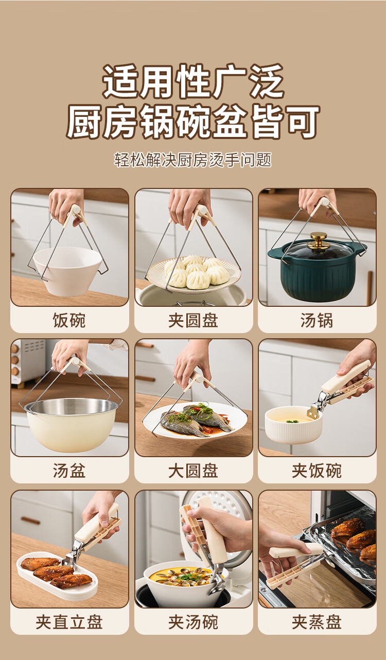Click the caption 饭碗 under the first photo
pos(69,320)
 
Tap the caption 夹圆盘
pos(193,320)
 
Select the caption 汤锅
pos(317,320)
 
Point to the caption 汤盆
pos(69,471)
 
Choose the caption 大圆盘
pos(193,471)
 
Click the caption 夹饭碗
pos(317,471)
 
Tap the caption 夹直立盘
pos(69,622)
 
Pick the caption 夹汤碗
pos(193,622)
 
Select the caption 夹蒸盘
pos(317,622)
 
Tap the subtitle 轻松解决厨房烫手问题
pos(193,160)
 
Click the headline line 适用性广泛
pos(193,81)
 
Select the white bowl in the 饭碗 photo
pos(68,270)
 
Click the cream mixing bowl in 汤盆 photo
pos(72,424)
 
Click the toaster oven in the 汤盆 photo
pos(28,362)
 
